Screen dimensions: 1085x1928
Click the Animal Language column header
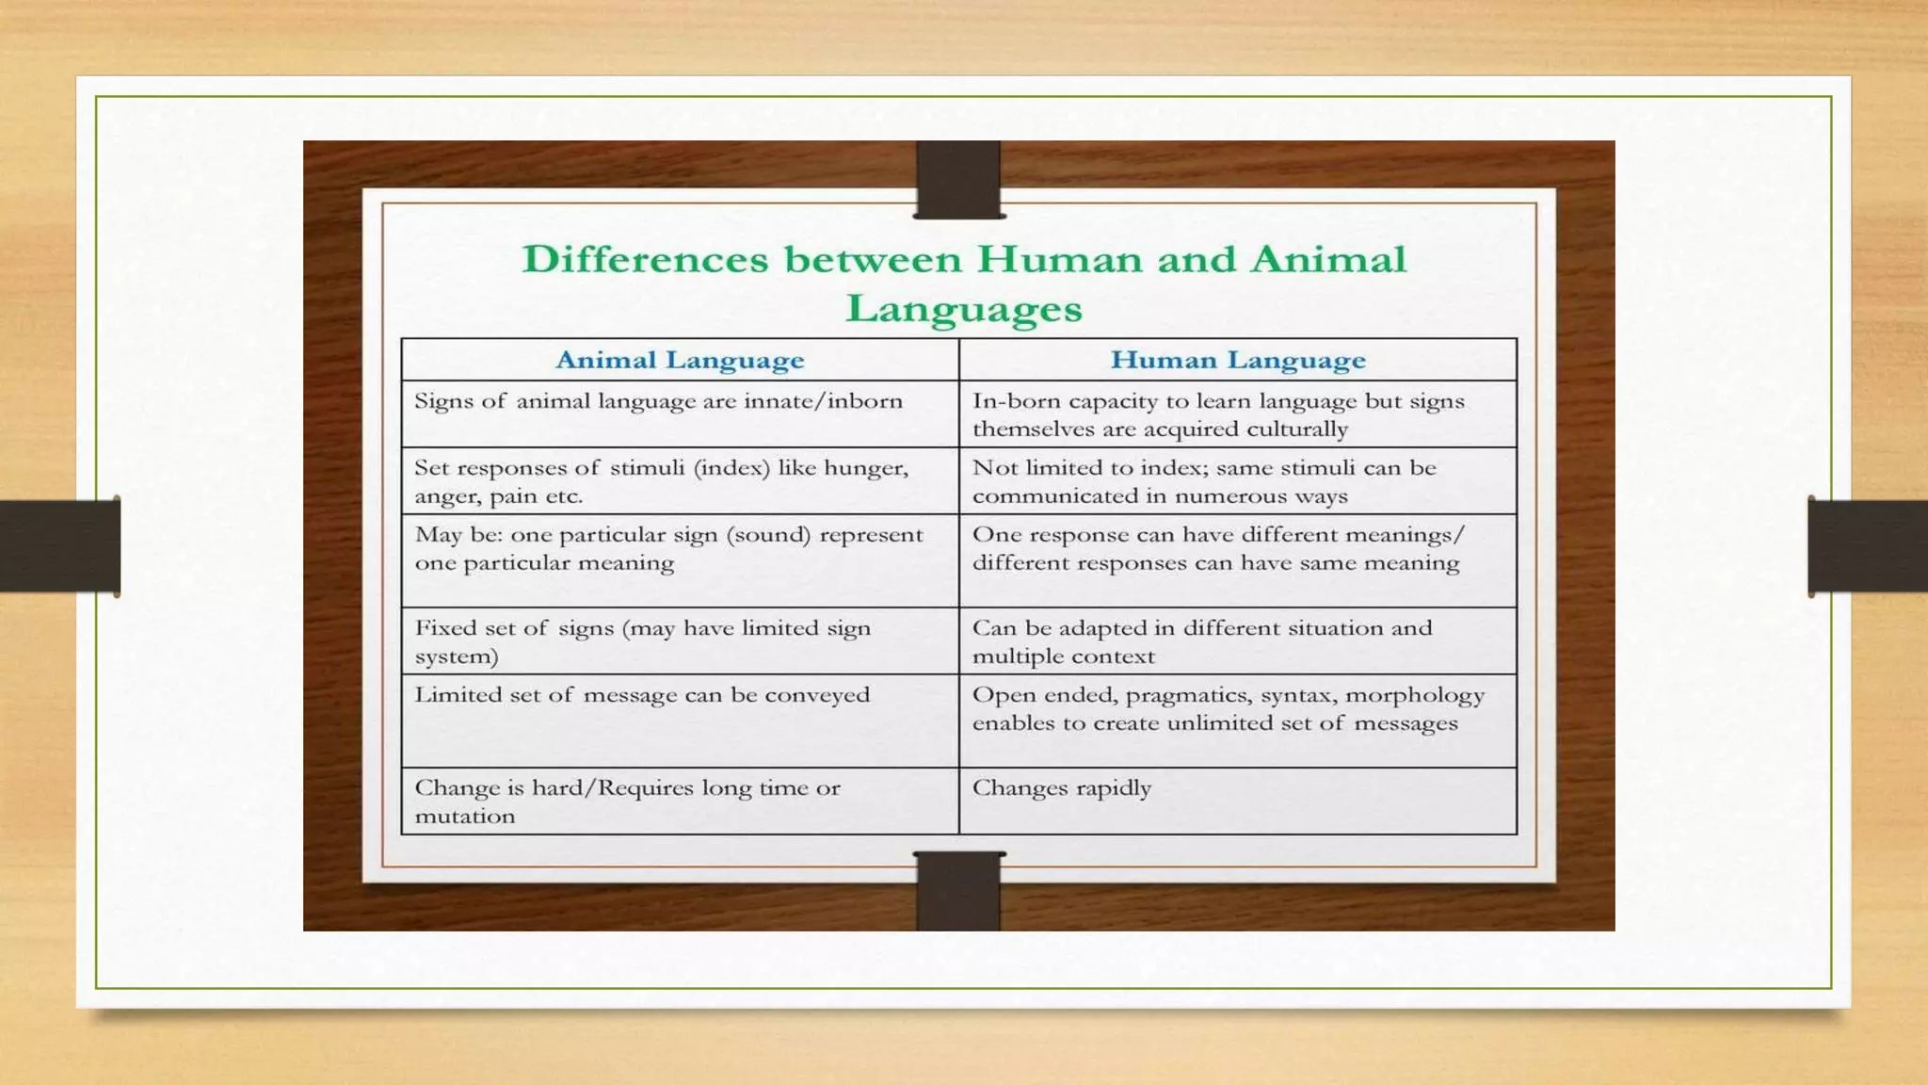click(680, 360)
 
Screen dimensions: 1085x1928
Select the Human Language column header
click(1238, 360)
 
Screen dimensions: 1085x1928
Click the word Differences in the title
click(645, 259)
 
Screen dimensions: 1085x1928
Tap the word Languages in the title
click(964, 309)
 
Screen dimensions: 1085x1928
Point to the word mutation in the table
click(465, 817)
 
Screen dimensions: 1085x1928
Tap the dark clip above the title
click(958, 179)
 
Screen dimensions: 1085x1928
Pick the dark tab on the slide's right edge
click(1868, 546)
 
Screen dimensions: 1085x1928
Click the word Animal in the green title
click(1327, 259)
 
